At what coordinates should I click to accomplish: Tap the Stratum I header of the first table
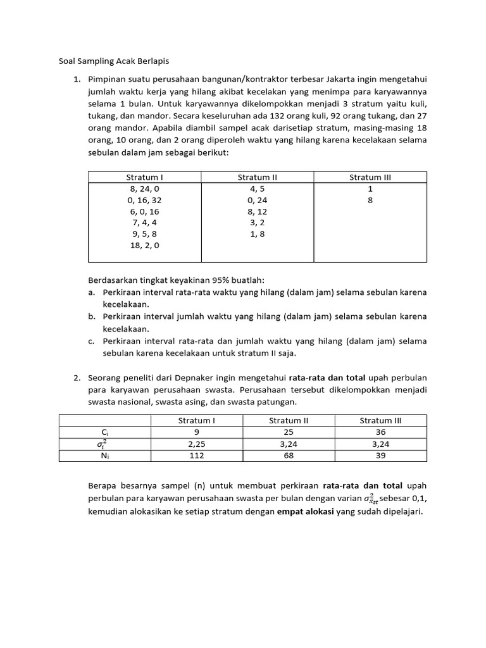click(144, 177)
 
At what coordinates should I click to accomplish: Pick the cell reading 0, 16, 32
click(144, 200)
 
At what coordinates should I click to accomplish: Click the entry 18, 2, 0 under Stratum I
click(144, 246)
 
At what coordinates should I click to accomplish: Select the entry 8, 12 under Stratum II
click(258, 211)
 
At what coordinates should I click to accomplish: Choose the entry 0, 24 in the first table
click(258, 200)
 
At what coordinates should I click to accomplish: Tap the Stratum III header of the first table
click(370, 177)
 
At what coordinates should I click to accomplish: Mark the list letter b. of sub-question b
click(92, 316)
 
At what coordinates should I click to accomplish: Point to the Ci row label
click(105, 432)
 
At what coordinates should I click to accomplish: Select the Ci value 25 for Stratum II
click(289, 432)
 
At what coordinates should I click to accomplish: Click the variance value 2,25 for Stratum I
click(197, 444)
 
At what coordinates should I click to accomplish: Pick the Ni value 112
click(197, 456)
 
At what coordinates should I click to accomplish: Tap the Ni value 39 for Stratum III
click(380, 456)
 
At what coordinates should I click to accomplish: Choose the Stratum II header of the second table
click(289, 420)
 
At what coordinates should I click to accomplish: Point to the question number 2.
click(76, 378)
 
